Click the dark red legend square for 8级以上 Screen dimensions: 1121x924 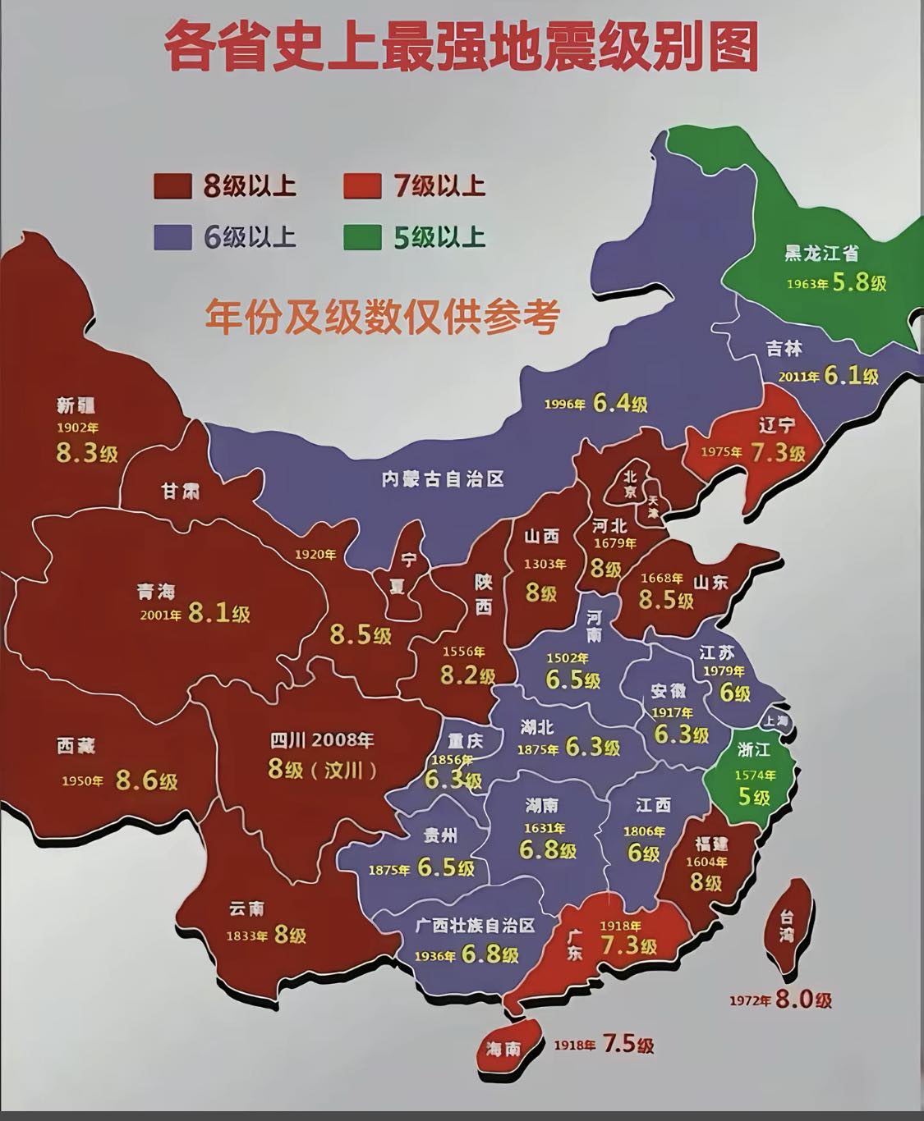pyautogui.click(x=172, y=186)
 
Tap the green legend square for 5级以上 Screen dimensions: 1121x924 pyautogui.click(x=362, y=237)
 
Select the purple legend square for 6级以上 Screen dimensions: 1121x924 pyautogui.click(x=172, y=237)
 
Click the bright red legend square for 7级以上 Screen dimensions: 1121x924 pyautogui.click(x=362, y=186)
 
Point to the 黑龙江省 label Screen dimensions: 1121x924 pyautogui.click(x=821, y=254)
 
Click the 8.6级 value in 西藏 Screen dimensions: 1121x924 pyautogui.click(x=146, y=780)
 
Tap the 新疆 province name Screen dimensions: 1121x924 pyautogui.click(x=76, y=405)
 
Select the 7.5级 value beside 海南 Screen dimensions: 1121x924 pyautogui.click(x=628, y=1045)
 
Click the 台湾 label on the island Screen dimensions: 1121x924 pyautogui.click(x=787, y=925)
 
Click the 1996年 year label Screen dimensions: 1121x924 pyautogui.click(x=565, y=405)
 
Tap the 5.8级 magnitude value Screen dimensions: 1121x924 pyautogui.click(x=859, y=283)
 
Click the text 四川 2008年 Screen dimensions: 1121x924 pyautogui.click(x=322, y=740)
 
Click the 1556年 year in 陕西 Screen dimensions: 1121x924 pyautogui.click(x=464, y=652)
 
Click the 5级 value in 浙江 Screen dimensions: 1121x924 pyautogui.click(x=753, y=796)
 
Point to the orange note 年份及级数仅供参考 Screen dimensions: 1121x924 pyautogui.click(x=383, y=315)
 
